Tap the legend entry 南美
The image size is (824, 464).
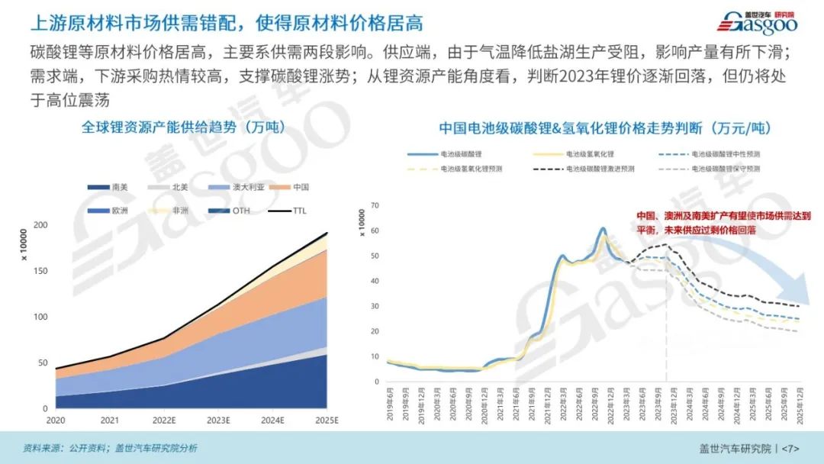[110, 187]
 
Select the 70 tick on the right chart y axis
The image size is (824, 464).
[375, 205]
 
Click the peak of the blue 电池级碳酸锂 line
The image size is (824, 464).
[603, 228]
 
